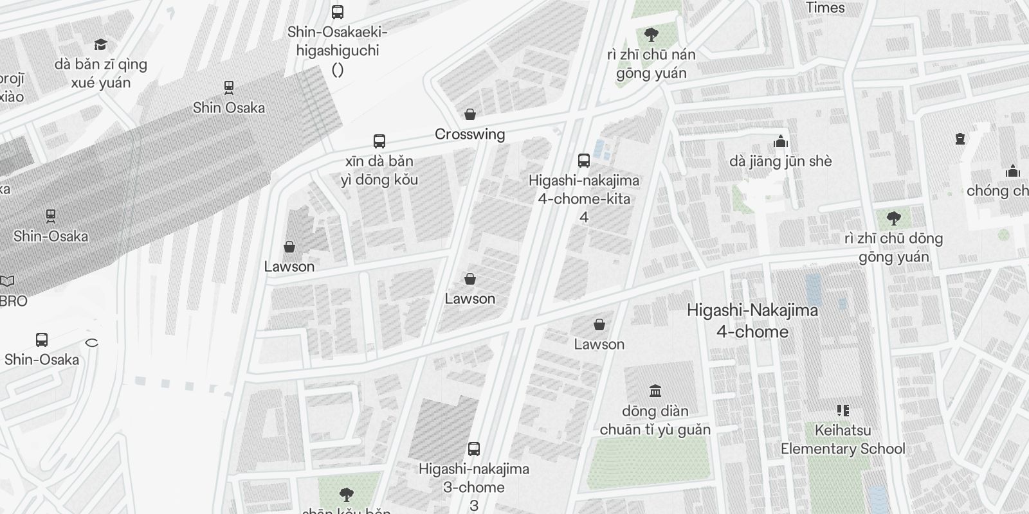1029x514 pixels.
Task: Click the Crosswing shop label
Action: tap(469, 134)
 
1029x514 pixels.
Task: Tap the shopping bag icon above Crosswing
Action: tap(470, 114)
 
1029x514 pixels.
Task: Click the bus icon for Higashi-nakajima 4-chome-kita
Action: tap(584, 161)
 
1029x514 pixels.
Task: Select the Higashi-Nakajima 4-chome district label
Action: tap(752, 321)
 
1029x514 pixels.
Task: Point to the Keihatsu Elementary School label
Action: tap(842, 439)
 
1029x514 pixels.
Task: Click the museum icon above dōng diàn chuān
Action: tap(655, 391)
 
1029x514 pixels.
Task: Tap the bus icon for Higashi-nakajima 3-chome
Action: tap(474, 449)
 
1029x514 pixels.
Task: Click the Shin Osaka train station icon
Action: tap(228, 87)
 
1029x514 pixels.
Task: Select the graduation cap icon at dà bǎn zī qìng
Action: tap(100, 44)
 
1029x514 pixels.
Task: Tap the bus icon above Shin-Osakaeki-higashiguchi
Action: tap(337, 12)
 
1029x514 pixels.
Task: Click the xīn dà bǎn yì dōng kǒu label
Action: tap(379, 170)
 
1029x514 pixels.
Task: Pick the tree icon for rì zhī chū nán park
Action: tap(651, 34)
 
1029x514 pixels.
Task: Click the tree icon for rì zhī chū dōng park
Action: tap(893, 218)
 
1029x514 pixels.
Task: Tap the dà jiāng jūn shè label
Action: tap(780, 161)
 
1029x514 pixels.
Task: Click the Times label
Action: tap(825, 8)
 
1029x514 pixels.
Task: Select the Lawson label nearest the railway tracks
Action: tap(289, 267)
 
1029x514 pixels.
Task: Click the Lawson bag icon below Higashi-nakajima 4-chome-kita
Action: tap(599, 324)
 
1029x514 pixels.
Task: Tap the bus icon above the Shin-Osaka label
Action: tap(42, 339)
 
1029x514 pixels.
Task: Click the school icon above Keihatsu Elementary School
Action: tap(842, 410)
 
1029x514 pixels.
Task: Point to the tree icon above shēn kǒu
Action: tap(347, 494)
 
